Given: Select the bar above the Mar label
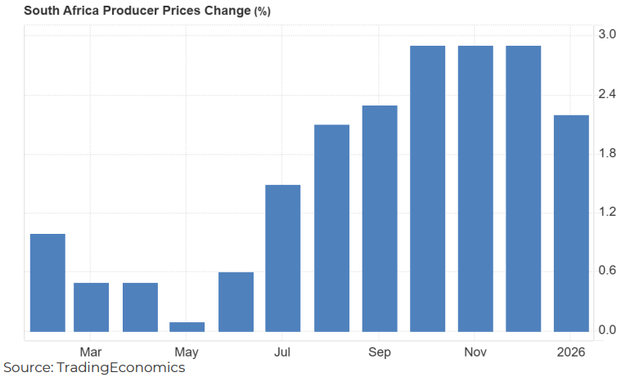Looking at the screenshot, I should click(x=91, y=307).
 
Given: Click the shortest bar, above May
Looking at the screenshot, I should click(x=187, y=327).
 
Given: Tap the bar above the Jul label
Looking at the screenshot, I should click(x=283, y=258).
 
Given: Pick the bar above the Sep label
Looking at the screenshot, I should click(x=379, y=219).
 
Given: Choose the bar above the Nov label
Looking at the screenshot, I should click(x=475, y=189).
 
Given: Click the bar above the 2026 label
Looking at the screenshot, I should click(x=571, y=223).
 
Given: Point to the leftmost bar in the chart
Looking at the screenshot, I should click(x=47, y=283).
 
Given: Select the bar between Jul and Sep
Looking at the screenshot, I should click(x=331, y=228).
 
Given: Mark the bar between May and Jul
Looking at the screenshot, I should click(x=236, y=302).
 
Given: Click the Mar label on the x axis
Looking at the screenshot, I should click(x=91, y=352).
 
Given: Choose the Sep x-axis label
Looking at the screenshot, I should click(x=379, y=352).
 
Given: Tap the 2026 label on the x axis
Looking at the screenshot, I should click(x=571, y=352).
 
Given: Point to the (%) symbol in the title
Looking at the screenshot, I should click(x=262, y=11).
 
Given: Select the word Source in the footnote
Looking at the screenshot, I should click(x=26, y=368).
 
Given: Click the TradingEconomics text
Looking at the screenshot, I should click(x=120, y=368).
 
